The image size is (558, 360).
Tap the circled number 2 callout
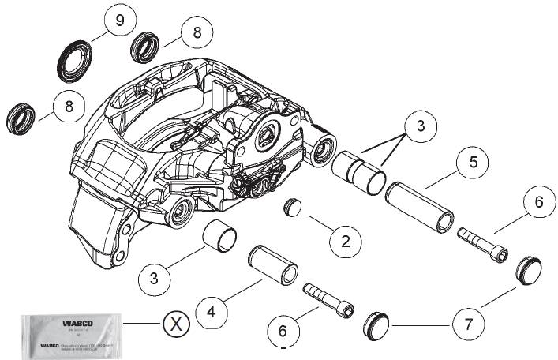(x=344, y=240)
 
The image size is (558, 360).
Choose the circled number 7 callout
(x=467, y=324)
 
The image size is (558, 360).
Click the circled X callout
(x=178, y=323)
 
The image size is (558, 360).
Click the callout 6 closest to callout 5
(x=538, y=201)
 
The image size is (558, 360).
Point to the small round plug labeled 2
(x=294, y=208)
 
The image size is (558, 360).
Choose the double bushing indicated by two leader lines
(x=358, y=172)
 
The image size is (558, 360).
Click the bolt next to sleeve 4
(x=328, y=299)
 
